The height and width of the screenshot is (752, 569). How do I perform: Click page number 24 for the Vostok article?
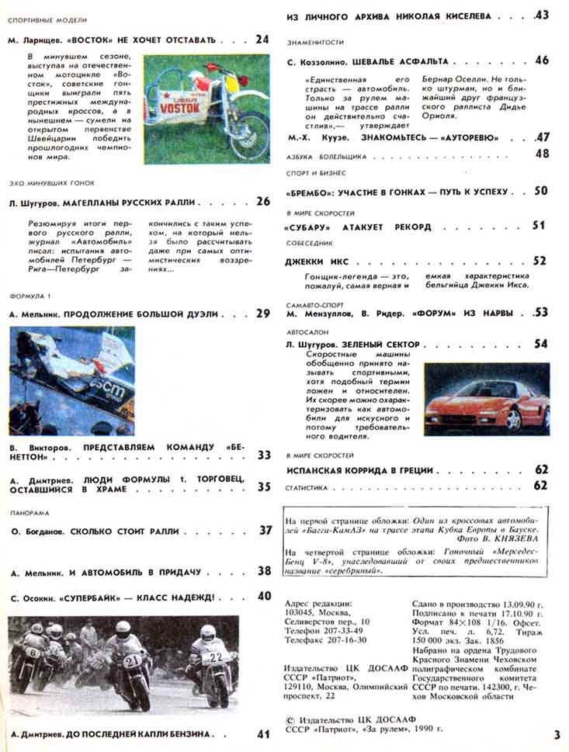(x=262, y=39)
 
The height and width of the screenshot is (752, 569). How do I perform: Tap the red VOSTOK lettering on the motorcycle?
(x=180, y=109)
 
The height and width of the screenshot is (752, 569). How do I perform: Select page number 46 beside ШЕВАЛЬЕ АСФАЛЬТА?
(x=541, y=61)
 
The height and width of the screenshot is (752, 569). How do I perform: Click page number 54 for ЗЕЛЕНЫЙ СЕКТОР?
(x=541, y=344)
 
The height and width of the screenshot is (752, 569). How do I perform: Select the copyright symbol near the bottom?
(x=290, y=719)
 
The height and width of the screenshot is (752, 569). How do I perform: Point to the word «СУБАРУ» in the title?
(x=314, y=227)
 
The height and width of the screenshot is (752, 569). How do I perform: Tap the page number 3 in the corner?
(x=557, y=734)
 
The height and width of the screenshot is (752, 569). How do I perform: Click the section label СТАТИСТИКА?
(x=307, y=487)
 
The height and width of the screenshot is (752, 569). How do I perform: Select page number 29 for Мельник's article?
(x=262, y=314)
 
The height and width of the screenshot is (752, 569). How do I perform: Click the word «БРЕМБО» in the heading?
(x=317, y=191)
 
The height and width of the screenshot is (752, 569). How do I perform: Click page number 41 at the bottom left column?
(x=263, y=733)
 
